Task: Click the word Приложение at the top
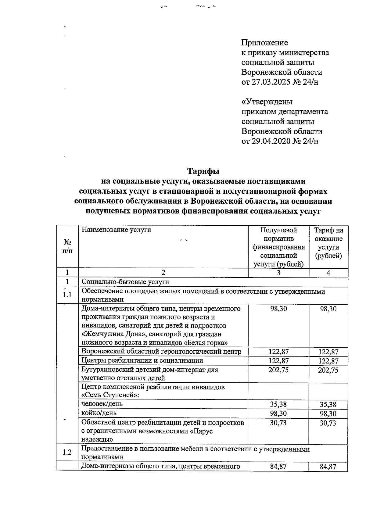pos(264,43)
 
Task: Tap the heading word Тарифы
pos(203,171)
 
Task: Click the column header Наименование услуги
pos(116,230)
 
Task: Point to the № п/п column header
pos(68,246)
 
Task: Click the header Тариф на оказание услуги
pos(328,243)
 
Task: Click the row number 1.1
pos(67,295)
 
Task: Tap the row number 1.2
pos(67,452)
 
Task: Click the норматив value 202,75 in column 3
pos(278,370)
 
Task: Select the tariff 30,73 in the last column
pos(328,423)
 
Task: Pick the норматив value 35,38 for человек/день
pos(278,404)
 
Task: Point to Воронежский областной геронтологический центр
pos(161,352)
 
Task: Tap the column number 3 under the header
pos(278,273)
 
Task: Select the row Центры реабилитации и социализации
pos(142,360)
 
